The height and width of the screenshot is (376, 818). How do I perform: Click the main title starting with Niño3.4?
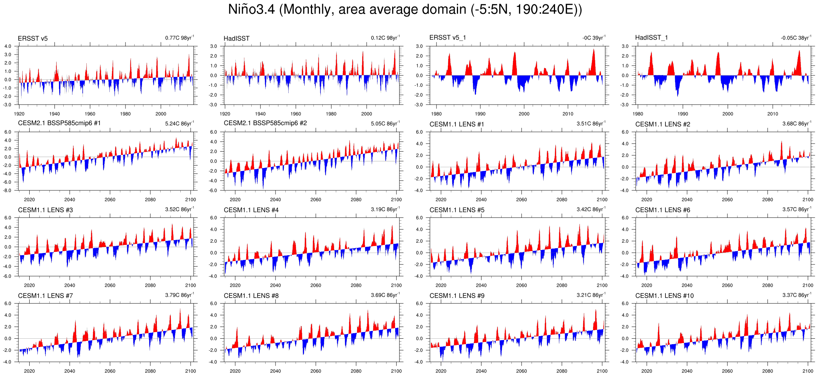pyautogui.click(x=405, y=10)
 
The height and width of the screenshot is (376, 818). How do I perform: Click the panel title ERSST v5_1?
pyautogui.click(x=447, y=38)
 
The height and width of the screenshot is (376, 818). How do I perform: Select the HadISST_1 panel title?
pyautogui.click(x=651, y=38)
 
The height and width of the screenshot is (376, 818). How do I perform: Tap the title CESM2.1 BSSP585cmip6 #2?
pyautogui.click(x=265, y=123)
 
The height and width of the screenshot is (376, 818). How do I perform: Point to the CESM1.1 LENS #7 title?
pyautogui.click(x=45, y=296)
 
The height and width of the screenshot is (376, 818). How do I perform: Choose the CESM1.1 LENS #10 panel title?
pyautogui.click(x=664, y=296)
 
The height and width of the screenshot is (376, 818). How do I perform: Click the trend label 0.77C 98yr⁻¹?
pyautogui.click(x=179, y=38)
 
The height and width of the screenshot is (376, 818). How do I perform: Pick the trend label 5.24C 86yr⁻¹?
pyautogui.click(x=179, y=123)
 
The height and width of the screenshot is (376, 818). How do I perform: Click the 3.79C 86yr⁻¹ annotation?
pyautogui.click(x=179, y=295)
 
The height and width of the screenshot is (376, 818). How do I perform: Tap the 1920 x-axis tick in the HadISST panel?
pyautogui.click(x=225, y=114)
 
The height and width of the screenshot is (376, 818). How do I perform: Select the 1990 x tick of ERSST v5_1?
pyautogui.click(x=480, y=114)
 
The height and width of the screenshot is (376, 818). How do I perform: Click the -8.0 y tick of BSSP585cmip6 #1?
pyautogui.click(x=8, y=190)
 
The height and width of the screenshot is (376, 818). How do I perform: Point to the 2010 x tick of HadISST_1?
pyautogui.click(x=773, y=114)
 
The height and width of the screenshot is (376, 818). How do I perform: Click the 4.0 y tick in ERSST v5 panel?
pyautogui.click(x=8, y=46)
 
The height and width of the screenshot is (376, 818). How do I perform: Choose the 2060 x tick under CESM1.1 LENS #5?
pyautogui.click(x=521, y=285)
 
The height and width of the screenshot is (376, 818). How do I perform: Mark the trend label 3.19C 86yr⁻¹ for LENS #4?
pyautogui.click(x=385, y=209)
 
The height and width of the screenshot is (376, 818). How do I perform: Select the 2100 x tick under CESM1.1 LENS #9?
pyautogui.click(x=602, y=371)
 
